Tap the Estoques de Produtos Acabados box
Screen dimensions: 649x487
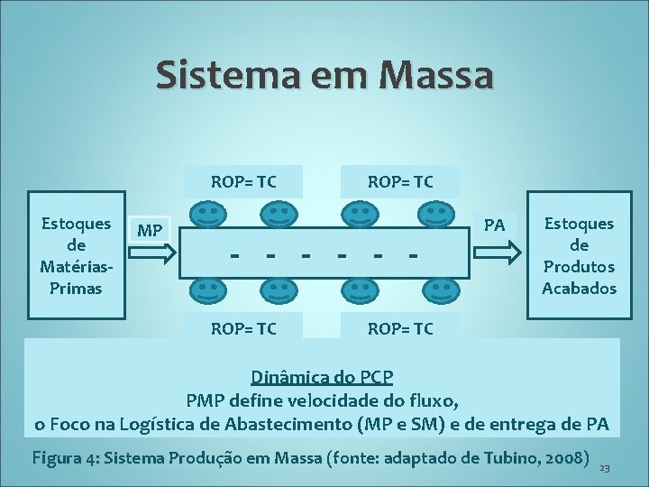pyautogui.click(x=579, y=255)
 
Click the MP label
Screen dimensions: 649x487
pyautogui.click(x=151, y=231)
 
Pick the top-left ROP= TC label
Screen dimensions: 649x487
pyautogui.click(x=244, y=181)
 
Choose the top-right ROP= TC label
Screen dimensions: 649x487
pyautogui.click(x=401, y=181)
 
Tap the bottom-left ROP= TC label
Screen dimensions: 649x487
pyautogui.click(x=244, y=328)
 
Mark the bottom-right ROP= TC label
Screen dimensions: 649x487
pyautogui.click(x=401, y=328)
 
